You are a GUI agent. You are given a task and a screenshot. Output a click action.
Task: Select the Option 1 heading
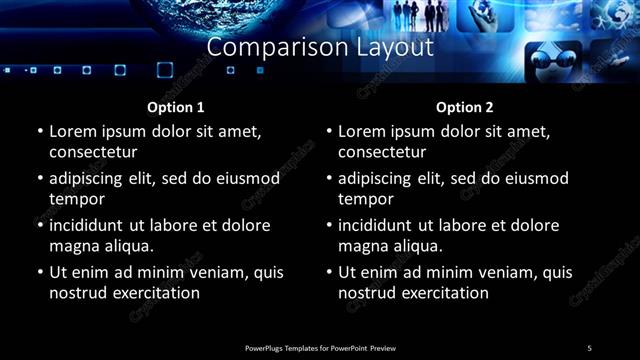176,107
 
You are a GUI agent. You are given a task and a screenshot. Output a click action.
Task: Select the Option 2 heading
465,107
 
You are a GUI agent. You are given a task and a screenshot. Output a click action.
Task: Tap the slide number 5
589,347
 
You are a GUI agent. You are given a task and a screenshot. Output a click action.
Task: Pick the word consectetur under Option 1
93,152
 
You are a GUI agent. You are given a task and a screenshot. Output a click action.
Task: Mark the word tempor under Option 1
75,199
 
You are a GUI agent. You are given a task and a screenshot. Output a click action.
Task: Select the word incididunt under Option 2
381,225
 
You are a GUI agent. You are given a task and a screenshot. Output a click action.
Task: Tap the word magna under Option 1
75,246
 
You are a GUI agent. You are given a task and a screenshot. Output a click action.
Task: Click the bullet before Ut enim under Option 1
40,272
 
